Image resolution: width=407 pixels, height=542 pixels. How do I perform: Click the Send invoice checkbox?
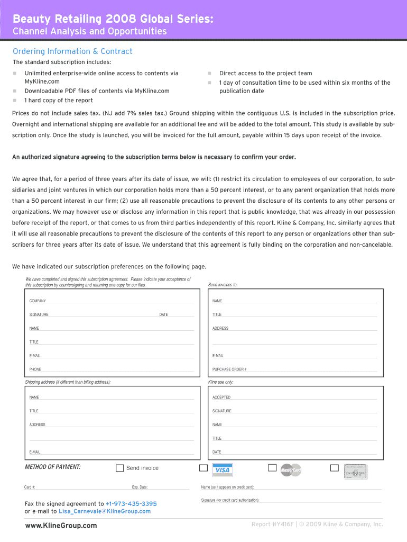pyautogui.click(x=120, y=468)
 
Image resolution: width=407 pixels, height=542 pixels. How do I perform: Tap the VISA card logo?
pyautogui.click(x=223, y=470)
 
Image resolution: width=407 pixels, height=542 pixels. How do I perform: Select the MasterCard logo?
pyautogui.click(x=290, y=470)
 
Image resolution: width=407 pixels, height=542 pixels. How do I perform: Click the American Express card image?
pyautogui.click(x=355, y=471)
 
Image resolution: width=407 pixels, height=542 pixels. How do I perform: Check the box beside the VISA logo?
pyautogui.click(x=203, y=468)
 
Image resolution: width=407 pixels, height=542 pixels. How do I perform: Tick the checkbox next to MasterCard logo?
pyautogui.click(x=272, y=468)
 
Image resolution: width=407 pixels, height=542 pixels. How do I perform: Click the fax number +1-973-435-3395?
pyautogui.click(x=131, y=504)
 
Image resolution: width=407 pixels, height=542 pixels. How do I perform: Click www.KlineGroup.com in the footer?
pyautogui.click(x=61, y=526)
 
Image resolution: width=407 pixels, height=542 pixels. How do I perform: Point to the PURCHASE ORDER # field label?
pyautogui.click(x=229, y=369)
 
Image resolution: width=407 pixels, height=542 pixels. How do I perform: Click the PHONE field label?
pyautogui.click(x=35, y=369)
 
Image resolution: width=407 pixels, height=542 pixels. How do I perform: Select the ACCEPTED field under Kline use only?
pyautogui.click(x=221, y=398)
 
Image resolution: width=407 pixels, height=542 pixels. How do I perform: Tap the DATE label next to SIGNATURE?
pyautogui.click(x=163, y=315)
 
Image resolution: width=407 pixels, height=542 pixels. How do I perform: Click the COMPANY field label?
pyautogui.click(x=38, y=301)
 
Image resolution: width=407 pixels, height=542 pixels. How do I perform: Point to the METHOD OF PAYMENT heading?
pyautogui.click(x=53, y=467)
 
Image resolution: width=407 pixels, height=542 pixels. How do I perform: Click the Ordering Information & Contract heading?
pyautogui.click(x=72, y=51)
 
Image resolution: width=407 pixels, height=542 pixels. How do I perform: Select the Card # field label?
pyautogui.click(x=30, y=487)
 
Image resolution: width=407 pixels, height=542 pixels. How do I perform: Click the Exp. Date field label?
pyautogui.click(x=140, y=487)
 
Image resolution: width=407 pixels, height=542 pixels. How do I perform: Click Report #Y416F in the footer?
pyautogui.click(x=272, y=525)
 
